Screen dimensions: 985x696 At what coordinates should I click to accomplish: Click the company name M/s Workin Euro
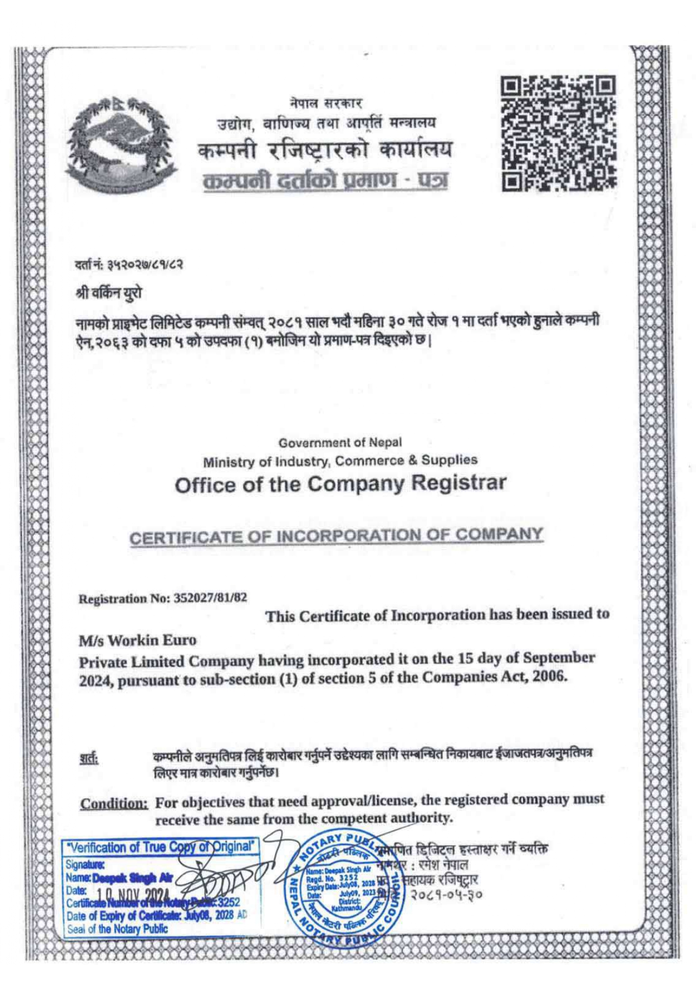pos(138,640)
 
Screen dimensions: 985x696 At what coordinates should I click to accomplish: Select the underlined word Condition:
pos(115,803)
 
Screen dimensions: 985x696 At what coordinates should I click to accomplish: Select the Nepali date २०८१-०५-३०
pos(447,894)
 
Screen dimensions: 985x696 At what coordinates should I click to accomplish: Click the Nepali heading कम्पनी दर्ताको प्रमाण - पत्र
pos(326,181)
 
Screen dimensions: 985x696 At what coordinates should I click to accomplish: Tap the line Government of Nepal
pos(340,442)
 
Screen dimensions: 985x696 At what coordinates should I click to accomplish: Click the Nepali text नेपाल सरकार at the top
pos(326,104)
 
